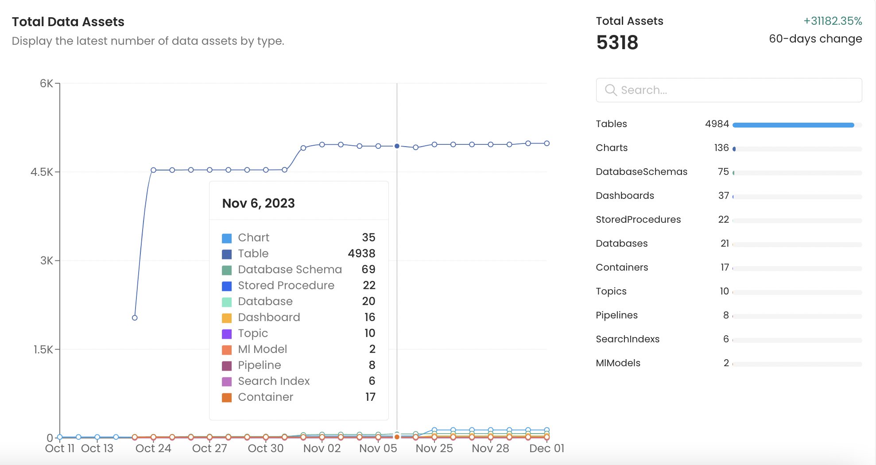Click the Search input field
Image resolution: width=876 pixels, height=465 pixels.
click(735, 90)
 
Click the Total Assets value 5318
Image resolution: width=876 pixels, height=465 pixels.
click(617, 43)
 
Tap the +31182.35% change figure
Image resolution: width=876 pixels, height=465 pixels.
click(833, 21)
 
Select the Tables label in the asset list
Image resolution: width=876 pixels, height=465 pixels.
click(611, 124)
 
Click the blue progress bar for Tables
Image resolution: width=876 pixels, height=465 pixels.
click(793, 125)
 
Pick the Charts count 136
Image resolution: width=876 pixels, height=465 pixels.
click(721, 148)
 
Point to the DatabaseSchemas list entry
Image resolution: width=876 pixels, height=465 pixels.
click(641, 172)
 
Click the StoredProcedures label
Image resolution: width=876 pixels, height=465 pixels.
click(638, 220)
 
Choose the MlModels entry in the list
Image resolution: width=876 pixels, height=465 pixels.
click(618, 363)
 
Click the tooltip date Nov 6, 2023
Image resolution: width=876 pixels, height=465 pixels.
click(258, 203)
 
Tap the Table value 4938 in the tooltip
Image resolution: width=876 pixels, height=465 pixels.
click(361, 253)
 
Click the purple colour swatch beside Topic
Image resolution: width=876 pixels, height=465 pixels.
click(227, 334)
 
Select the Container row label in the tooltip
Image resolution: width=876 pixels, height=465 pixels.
click(265, 397)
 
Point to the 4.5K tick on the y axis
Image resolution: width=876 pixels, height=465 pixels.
click(42, 172)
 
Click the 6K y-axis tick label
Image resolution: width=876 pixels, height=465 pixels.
click(46, 84)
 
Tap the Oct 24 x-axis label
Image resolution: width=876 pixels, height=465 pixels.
click(153, 449)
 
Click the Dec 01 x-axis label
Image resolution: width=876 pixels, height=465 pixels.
click(547, 449)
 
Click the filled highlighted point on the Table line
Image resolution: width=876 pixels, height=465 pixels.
click(397, 146)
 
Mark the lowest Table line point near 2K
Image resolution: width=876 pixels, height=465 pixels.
click(135, 318)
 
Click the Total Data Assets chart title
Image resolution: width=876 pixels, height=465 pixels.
click(68, 22)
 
